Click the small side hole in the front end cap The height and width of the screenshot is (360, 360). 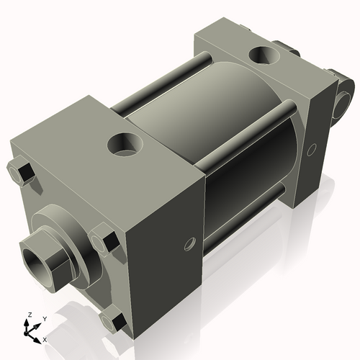point(190,243)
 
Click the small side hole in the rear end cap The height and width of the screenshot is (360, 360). point(311,150)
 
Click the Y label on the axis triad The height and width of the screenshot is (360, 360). point(44,318)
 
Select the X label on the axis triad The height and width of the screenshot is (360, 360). point(45,338)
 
